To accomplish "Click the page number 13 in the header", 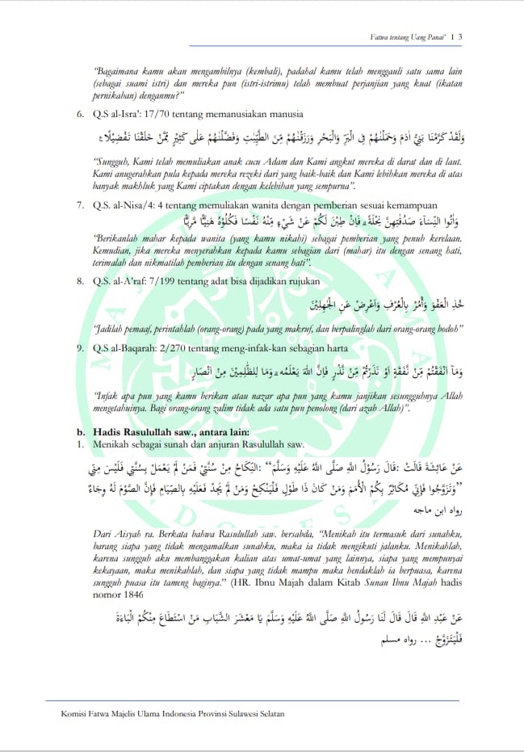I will (x=455, y=36).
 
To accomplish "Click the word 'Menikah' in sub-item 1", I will (x=111, y=444).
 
